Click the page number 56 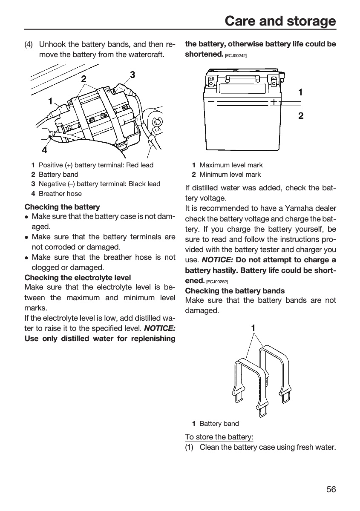(331, 489)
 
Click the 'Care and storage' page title (280, 21)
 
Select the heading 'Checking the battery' (62, 207)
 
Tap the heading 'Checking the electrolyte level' (78, 277)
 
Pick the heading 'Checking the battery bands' (235, 291)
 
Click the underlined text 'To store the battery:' (219, 437)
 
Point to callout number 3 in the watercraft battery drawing (132, 75)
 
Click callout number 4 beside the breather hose (44, 150)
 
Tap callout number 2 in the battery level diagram (301, 116)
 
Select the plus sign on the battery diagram (274, 102)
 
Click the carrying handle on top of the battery (242, 78)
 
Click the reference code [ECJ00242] (236, 56)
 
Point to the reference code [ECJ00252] (217, 282)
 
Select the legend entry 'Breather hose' (60, 193)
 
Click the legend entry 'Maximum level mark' (231, 165)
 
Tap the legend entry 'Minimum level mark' (230, 174)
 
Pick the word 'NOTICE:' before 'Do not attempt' (217, 260)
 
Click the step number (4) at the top (29, 44)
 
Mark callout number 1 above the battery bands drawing (253, 328)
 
